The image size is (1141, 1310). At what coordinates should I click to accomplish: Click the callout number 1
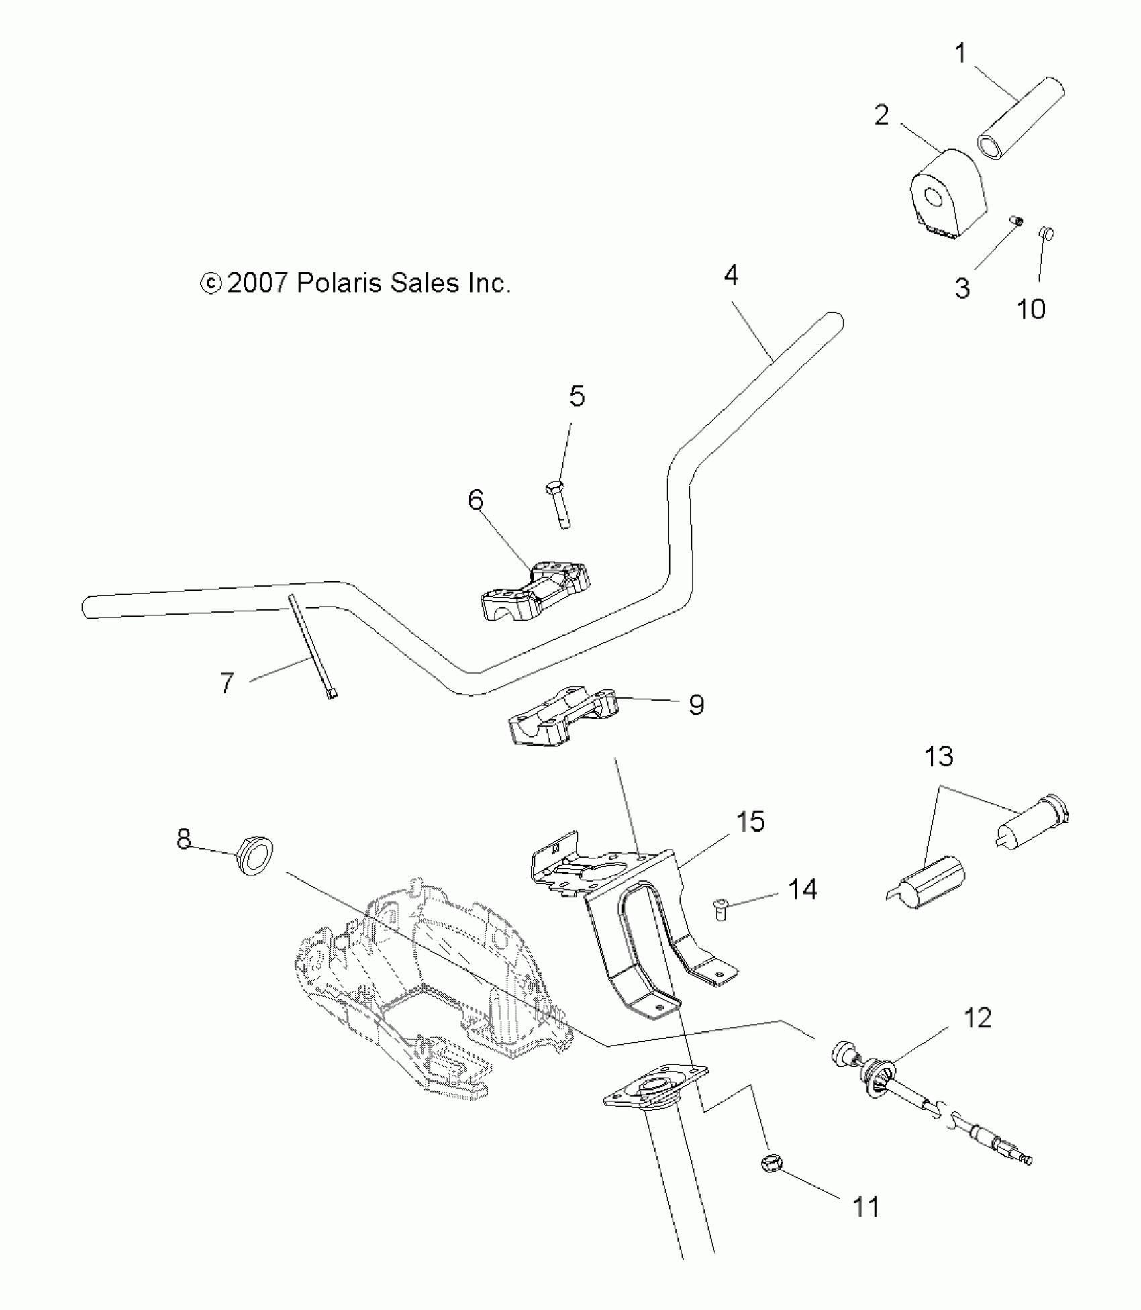pos(960,53)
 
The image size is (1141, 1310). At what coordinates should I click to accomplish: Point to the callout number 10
pos(1031,309)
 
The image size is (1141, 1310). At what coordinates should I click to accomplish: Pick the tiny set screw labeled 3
pos(1017,221)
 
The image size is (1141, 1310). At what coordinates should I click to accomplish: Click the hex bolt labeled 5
pos(560,504)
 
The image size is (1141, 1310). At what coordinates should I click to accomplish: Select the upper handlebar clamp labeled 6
pos(536,587)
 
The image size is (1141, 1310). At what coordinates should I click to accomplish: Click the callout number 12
pos(977,1018)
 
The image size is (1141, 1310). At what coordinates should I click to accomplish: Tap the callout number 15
pos(750,821)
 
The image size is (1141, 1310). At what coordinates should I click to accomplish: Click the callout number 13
pos(938,756)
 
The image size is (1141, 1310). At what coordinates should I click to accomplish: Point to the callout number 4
pos(731,274)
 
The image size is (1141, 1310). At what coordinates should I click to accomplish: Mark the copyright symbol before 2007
pos(211,284)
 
